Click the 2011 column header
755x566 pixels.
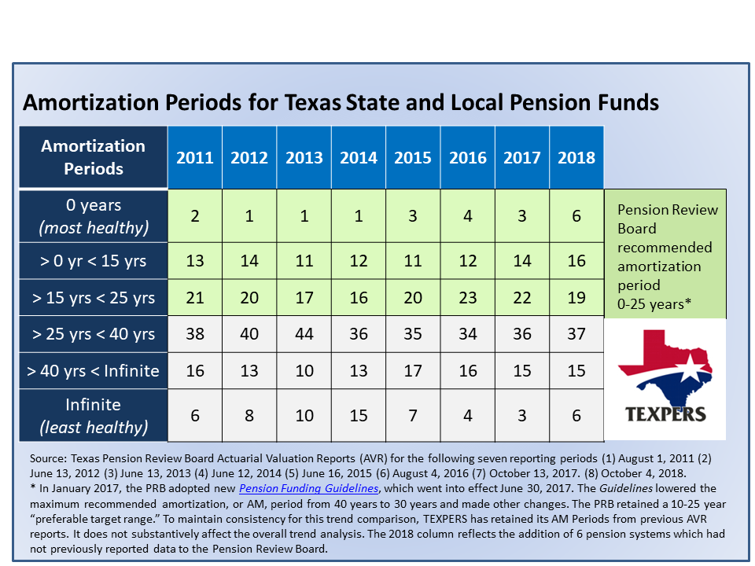click(x=194, y=157)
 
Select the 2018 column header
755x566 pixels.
click(x=576, y=157)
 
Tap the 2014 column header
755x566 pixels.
click(x=359, y=157)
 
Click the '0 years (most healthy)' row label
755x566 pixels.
click(x=94, y=216)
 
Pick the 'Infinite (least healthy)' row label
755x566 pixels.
click(x=94, y=415)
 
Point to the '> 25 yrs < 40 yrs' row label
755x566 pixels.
click(x=94, y=334)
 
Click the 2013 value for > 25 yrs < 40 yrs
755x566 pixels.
click(x=304, y=334)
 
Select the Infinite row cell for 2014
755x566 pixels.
click(x=359, y=415)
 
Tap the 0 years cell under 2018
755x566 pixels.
click(x=576, y=216)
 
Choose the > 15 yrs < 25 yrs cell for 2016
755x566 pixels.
click(x=467, y=297)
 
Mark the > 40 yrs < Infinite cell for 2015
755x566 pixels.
click(x=413, y=370)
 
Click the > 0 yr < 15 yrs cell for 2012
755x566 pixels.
click(x=249, y=261)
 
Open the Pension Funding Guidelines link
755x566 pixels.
click(x=308, y=488)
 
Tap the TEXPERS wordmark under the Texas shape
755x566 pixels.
click(x=665, y=414)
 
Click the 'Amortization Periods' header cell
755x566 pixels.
click(x=94, y=157)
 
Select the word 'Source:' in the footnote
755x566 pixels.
click(x=48, y=458)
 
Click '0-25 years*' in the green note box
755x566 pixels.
click(x=654, y=304)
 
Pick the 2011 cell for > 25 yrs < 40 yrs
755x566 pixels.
click(x=194, y=334)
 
